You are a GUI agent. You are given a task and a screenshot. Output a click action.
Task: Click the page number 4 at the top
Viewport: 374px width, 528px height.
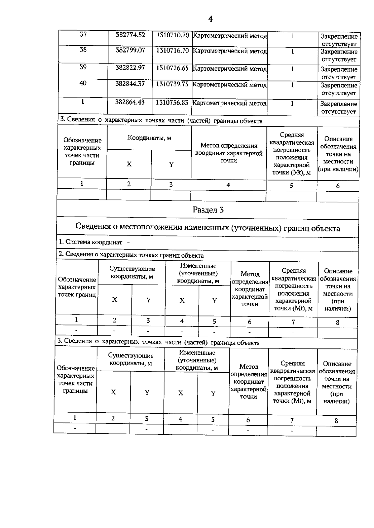click(x=210, y=19)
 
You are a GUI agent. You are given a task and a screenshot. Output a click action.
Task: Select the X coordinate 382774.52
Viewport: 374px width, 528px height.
click(x=130, y=35)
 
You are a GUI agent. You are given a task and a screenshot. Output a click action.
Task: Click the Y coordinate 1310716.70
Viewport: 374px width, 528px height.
click(x=172, y=50)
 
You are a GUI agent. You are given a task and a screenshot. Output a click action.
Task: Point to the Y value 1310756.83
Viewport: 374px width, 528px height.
click(x=172, y=103)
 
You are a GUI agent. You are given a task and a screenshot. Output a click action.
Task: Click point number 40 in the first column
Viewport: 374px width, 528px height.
click(x=83, y=83)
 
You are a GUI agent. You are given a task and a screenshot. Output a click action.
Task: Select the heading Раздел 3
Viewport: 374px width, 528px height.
click(x=208, y=210)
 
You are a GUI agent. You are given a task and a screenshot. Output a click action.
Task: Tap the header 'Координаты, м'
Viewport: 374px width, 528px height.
click(x=149, y=138)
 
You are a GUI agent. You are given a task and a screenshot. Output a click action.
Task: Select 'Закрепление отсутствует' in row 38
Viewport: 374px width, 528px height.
click(x=339, y=55)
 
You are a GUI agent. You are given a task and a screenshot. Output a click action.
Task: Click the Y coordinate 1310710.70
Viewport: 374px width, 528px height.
click(x=172, y=35)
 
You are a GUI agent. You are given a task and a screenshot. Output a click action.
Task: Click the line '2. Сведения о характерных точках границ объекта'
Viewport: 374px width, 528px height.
click(x=131, y=255)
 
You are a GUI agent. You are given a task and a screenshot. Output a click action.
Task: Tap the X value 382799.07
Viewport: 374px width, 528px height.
click(x=130, y=50)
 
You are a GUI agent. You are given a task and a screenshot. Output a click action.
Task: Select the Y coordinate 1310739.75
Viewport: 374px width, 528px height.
click(x=172, y=84)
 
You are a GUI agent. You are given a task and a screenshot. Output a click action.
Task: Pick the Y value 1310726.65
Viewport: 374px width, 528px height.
click(x=172, y=68)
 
